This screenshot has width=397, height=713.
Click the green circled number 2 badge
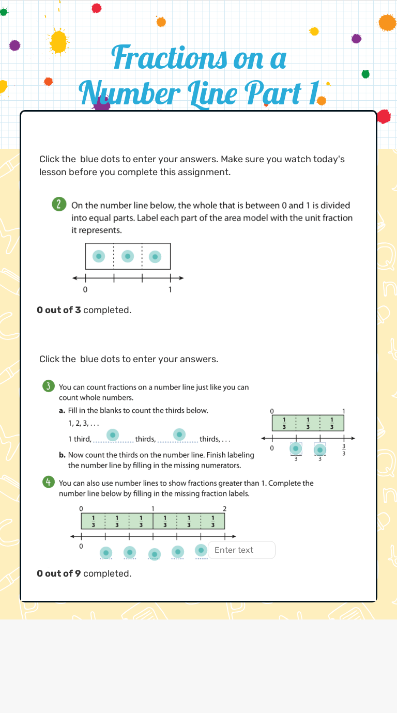click(59, 205)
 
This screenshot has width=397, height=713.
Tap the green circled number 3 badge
click(48, 386)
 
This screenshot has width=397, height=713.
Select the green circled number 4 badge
click(48, 483)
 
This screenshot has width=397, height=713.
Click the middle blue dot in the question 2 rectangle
click(127, 256)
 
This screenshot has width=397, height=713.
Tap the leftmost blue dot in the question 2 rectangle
click(99, 256)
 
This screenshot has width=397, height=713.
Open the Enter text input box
click(241, 550)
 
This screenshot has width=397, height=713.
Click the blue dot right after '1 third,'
click(113, 435)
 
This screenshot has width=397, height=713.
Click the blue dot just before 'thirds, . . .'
click(179, 435)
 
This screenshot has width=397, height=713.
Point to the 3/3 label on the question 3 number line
click(344, 450)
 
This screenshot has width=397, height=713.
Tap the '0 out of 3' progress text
click(58, 310)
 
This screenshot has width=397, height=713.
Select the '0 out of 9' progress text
click(58, 574)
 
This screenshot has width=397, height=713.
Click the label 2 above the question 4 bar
click(224, 509)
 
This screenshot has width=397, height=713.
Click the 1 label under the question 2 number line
click(170, 290)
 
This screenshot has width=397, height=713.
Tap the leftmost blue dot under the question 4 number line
click(106, 553)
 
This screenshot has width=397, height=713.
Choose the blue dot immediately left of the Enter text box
click(202, 550)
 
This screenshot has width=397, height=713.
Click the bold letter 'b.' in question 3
click(63, 455)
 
